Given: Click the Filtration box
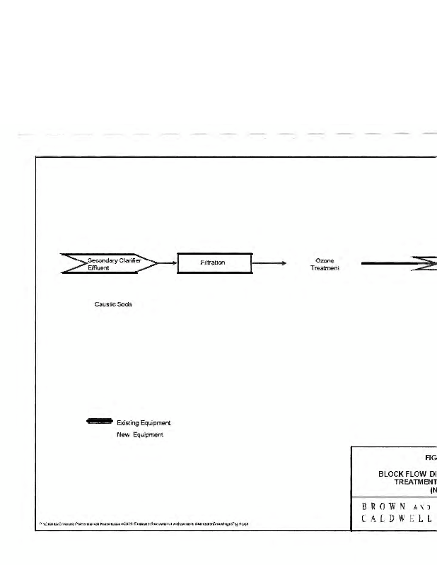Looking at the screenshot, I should [213, 263].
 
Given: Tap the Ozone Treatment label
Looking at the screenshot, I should [325, 264].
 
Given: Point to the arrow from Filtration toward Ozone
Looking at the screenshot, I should [269, 263].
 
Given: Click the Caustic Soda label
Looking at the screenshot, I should [113, 304].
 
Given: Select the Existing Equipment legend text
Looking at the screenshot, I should [144, 423].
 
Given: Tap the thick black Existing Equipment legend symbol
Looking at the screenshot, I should [99, 422].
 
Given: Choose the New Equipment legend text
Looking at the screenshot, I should [140, 434].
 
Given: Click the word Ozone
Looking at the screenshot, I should [325, 260].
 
